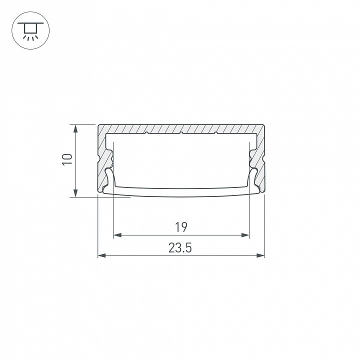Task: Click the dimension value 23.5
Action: tap(180, 248)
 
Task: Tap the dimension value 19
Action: tap(181, 227)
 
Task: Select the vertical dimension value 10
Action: tap(67, 159)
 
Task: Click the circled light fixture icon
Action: tap(30, 30)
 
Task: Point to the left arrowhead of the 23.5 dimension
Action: tap(101, 255)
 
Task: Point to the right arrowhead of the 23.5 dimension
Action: tap(261, 255)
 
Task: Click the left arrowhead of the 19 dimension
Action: tap(117, 235)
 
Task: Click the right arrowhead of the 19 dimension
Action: tap(245, 235)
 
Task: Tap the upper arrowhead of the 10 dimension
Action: tap(75, 128)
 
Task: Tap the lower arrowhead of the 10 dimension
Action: tap(75, 193)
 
